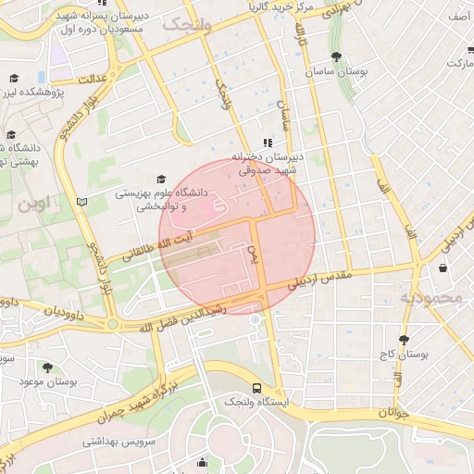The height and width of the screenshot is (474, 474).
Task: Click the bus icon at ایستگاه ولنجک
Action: (x=256, y=390)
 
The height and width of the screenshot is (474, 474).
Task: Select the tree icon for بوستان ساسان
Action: (x=335, y=57)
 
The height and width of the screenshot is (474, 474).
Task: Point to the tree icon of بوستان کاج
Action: (x=404, y=340)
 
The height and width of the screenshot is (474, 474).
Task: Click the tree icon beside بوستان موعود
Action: (x=47, y=368)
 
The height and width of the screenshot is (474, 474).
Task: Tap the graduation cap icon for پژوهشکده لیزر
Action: (x=13, y=79)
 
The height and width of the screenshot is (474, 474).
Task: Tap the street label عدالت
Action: (x=94, y=80)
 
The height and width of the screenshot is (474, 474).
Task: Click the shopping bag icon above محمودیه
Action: (x=443, y=268)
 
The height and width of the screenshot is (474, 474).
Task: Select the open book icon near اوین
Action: (x=81, y=201)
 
